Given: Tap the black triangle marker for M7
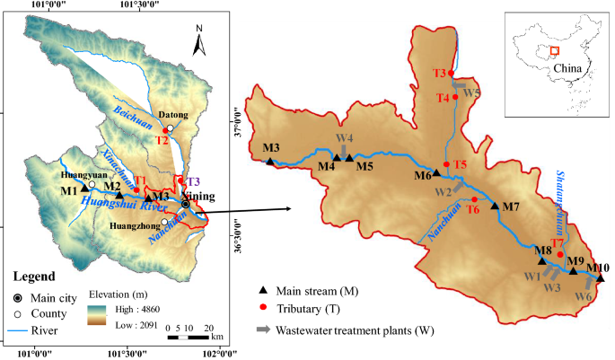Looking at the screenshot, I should [495, 206].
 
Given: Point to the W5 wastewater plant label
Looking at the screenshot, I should [471, 93].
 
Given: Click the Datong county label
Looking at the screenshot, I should [171, 116].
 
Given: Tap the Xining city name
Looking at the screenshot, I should [198, 195].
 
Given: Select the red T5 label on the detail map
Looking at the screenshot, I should [460, 164].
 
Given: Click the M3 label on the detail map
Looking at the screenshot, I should [272, 147].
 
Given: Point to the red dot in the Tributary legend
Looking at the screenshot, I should [263, 310].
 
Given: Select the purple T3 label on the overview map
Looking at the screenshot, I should [194, 182].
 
